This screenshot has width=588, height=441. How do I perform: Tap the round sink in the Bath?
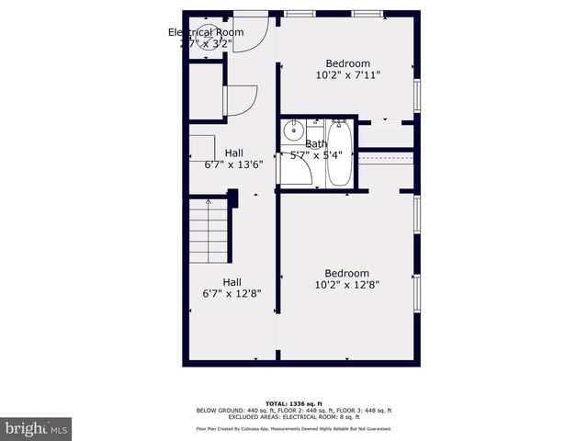tap(294, 131)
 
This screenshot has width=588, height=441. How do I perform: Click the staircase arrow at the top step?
tap(209, 202)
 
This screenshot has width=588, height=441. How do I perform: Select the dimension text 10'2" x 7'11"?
tap(346, 76)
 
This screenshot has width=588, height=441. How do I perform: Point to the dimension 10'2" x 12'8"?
tap(346, 285)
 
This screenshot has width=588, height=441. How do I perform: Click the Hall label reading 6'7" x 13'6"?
tap(233, 165)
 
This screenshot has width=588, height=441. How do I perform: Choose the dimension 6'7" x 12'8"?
tap(232, 294)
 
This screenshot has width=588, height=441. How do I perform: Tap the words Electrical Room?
tap(205, 32)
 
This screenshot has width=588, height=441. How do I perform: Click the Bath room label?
tap(315, 143)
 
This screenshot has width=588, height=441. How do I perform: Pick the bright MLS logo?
tap(37, 428)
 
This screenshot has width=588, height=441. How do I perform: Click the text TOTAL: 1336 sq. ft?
tap(294, 403)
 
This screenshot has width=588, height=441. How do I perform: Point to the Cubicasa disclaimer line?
tap(294, 428)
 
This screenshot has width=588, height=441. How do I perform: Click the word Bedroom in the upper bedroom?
tap(346, 64)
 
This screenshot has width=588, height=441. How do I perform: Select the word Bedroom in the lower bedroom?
tap(346, 273)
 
